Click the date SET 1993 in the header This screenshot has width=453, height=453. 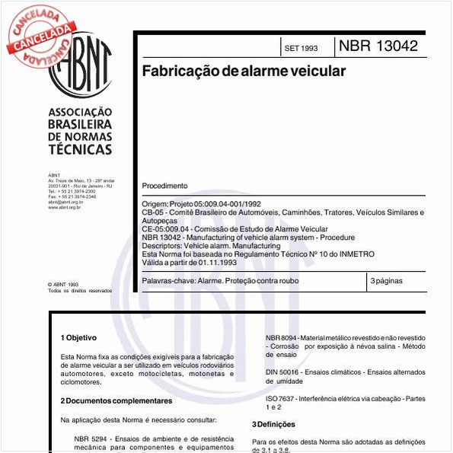[x=301, y=48]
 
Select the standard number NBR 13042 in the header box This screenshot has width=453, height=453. [x=378, y=46]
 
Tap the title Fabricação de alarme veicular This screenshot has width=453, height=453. [x=244, y=71]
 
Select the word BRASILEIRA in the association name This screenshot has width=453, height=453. [x=79, y=124]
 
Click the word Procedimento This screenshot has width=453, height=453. [x=164, y=186]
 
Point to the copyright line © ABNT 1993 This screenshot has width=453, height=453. [x=63, y=284]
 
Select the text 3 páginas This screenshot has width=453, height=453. [x=387, y=281]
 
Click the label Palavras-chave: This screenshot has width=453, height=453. [x=168, y=281]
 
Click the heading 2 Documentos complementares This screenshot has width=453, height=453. [x=116, y=400]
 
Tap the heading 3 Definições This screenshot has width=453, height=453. [x=273, y=424]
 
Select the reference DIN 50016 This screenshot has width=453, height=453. [x=281, y=372]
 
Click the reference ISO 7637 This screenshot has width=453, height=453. [x=280, y=398]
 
